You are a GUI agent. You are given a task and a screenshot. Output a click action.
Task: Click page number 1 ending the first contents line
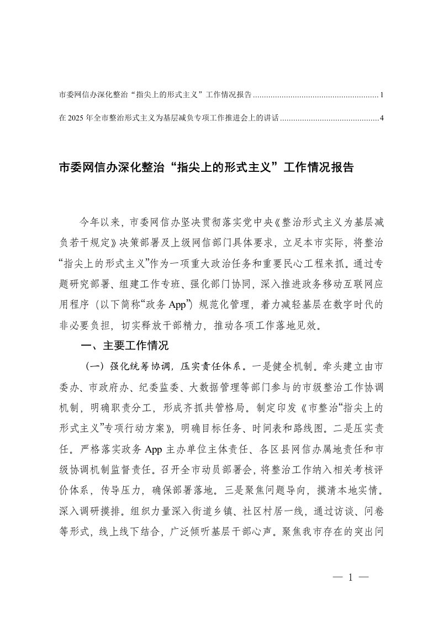382,95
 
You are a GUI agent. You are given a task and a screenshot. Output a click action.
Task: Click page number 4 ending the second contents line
382,118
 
